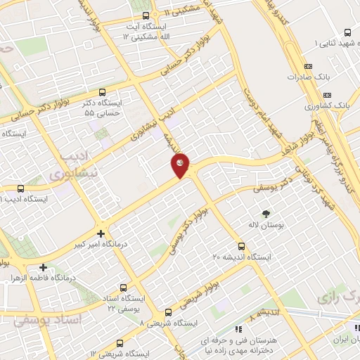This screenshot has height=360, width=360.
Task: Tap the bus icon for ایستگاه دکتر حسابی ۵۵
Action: (x=103, y=92)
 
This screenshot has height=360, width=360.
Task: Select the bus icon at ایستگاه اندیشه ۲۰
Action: (x=242, y=247)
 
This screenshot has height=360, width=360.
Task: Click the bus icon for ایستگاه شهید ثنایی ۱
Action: (x=348, y=33)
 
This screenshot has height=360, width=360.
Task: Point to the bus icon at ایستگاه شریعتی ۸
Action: (x=168, y=313)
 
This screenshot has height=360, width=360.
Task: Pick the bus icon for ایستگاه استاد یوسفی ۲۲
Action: (x=124, y=288)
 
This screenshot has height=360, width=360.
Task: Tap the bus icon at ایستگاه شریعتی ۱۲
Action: (x=120, y=344)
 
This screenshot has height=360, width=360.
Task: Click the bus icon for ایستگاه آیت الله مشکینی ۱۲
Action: (x=146, y=15)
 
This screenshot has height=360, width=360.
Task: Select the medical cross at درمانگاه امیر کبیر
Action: (x=101, y=233)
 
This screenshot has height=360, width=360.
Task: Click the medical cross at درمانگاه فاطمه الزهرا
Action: (x=44, y=267)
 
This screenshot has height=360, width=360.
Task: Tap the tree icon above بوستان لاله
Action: (x=266, y=214)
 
